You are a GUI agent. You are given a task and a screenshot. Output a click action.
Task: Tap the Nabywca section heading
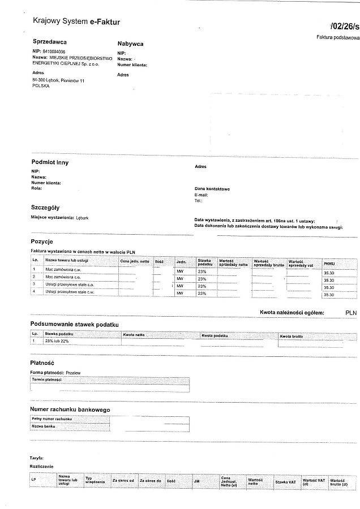pos(130,44)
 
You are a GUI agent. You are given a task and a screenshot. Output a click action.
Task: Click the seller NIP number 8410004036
pos(54,51)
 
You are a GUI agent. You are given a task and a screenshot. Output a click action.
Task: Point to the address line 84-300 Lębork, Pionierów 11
pos(58,81)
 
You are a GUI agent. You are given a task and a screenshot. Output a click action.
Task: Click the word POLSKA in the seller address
pos(41,87)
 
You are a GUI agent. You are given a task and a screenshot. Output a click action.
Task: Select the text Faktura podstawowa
pos(338,37)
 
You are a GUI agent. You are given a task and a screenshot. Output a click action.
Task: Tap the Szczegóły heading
pos(45,208)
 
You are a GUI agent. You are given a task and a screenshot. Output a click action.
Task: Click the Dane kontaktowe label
pos(212,189)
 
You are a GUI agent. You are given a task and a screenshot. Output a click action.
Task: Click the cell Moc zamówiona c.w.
pos(61,270)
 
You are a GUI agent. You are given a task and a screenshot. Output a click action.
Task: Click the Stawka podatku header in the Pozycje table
pos(204,262)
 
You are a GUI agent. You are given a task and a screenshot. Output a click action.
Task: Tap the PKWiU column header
pos(329,264)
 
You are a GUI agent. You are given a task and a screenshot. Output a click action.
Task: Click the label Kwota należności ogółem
pos(292,312)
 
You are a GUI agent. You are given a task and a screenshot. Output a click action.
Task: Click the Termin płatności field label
pos(46,379)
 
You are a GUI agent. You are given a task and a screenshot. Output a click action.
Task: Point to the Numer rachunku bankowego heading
pos(70,409)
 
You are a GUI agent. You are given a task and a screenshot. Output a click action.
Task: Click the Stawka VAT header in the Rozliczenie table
pos(286,482)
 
